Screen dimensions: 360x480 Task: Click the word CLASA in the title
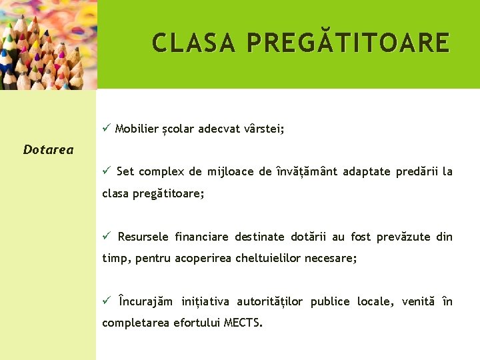pos(194,43)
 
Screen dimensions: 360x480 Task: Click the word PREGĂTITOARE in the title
pos(348,43)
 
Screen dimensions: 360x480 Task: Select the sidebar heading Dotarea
pos(48,150)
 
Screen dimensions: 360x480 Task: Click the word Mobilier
pos(136,129)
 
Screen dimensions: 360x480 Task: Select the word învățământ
pos(307,172)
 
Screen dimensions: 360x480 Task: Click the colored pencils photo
pos(48,45)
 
